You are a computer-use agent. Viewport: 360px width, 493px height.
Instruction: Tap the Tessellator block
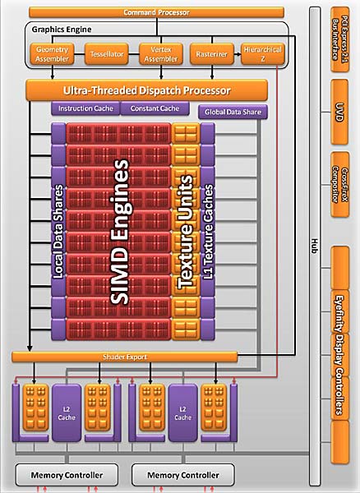point(107,54)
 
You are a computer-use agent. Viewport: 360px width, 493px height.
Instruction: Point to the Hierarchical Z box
point(259,54)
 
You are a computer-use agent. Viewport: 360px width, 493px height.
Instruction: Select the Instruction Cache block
point(86,108)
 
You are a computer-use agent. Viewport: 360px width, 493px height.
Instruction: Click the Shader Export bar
point(125,356)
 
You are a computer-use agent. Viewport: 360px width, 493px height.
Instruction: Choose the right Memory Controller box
point(182,476)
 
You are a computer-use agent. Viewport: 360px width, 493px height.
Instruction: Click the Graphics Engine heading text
point(61,30)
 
